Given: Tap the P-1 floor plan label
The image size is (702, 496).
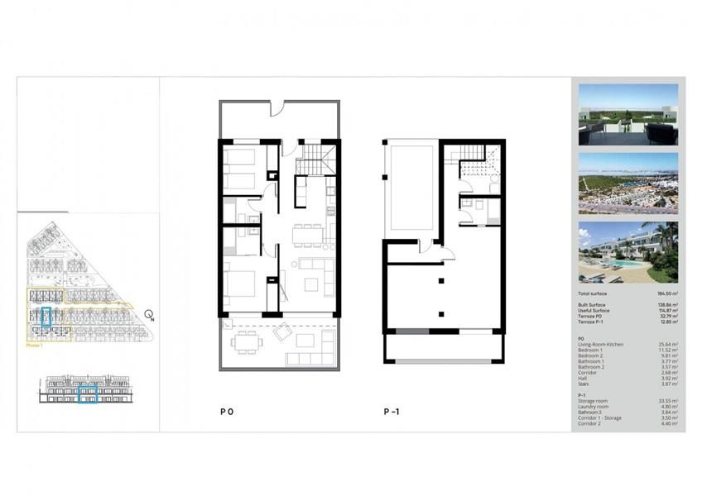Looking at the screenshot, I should click(x=392, y=411).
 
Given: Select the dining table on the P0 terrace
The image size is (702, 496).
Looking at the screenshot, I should click(x=246, y=341).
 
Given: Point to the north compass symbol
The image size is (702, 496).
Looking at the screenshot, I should click(x=149, y=314).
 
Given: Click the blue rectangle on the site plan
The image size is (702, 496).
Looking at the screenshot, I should click(x=46, y=317).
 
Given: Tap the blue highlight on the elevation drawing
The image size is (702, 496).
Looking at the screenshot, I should click(x=88, y=396).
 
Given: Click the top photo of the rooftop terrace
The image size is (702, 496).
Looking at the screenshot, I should click(x=628, y=112).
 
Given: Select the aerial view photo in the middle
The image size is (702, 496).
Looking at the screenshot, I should click(x=628, y=182).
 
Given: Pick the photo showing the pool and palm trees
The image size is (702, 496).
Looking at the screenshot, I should click(x=628, y=252).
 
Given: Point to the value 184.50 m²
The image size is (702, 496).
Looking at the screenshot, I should click(x=667, y=293).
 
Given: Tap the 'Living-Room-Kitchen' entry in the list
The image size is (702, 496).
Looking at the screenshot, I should click(x=601, y=343).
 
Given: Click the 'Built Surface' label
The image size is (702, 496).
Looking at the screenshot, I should click(x=594, y=304).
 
